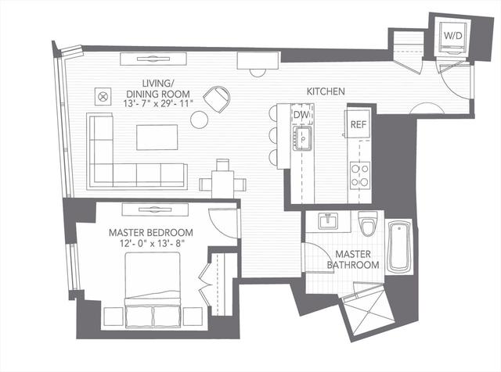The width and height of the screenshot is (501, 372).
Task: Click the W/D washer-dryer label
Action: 452,36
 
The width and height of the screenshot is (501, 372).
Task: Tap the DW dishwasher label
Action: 301,115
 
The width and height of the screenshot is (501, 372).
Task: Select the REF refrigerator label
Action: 359,124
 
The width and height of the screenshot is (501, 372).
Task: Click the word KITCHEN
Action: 326,91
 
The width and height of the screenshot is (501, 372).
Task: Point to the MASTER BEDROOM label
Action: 151,233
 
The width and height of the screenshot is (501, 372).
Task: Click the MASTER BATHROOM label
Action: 353,259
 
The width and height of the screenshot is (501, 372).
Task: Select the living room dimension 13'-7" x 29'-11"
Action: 158,103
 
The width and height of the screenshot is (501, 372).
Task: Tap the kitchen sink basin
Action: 302,138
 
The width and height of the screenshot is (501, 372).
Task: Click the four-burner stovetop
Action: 360,176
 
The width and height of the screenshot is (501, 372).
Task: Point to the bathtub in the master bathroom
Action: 399,246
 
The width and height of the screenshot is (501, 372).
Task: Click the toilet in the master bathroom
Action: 368,224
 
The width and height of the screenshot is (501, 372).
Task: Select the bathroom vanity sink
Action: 328,221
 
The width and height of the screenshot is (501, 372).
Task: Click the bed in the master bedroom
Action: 153,290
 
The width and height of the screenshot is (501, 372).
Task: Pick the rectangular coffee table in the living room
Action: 157,138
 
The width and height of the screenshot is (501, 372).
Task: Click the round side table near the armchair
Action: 200,120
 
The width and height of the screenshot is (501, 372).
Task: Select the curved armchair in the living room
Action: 217,98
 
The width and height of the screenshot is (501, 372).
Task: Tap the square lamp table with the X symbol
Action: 103,96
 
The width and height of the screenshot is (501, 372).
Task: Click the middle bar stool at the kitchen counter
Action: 273,135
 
